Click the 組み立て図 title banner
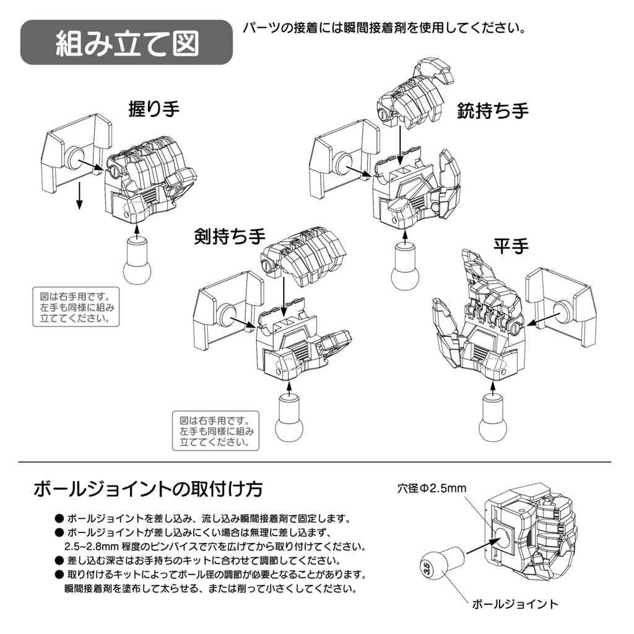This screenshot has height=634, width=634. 126,43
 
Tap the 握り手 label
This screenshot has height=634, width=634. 154,110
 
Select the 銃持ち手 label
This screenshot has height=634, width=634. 493,111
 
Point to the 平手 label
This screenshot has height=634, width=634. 511,246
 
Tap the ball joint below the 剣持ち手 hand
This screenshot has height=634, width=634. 289,422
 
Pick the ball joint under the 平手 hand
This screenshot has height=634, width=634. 493,420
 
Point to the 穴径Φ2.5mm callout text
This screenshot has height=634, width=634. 432,489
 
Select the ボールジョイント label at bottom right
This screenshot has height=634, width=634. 515,604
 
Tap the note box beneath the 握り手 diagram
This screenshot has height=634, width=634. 75,307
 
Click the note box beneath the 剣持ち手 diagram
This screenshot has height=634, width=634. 215,431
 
